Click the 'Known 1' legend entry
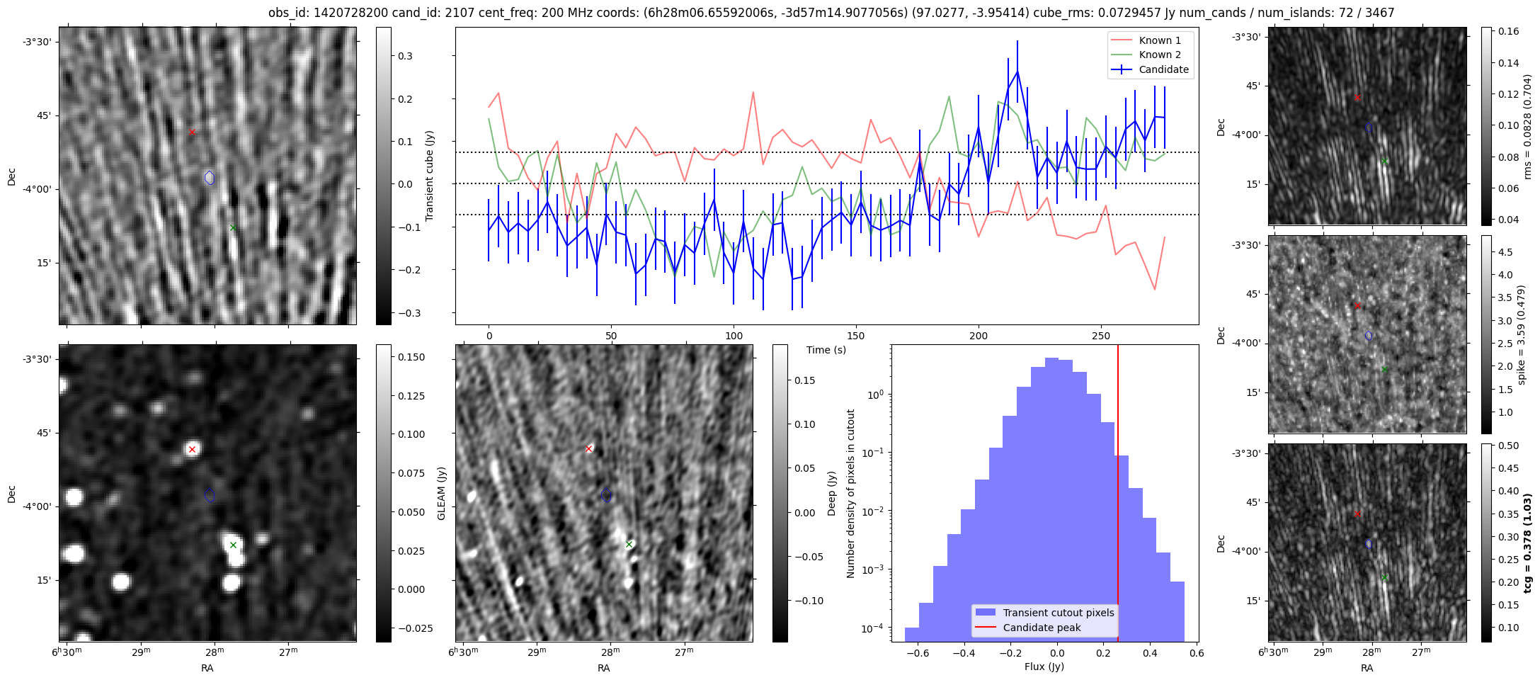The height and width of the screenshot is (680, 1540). pos(1159,40)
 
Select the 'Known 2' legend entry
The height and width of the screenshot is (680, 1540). pos(1159,55)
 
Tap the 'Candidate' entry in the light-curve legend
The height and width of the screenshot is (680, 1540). pos(1163,69)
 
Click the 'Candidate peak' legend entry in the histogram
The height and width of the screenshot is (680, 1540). pos(1042,628)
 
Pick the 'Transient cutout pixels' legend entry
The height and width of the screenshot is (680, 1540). pos(1058,613)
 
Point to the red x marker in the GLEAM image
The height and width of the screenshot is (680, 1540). pos(192,449)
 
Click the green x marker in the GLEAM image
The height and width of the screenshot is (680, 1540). pos(233,545)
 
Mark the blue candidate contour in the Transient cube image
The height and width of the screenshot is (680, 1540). pos(210,178)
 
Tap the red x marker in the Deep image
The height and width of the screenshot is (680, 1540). pos(588,448)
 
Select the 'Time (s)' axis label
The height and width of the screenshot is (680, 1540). pos(826,350)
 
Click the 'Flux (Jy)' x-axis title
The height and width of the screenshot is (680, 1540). pos(1044,667)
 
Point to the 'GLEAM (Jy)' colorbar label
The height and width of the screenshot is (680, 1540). pos(441,494)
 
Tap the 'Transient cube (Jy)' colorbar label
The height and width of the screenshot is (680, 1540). pos(429,176)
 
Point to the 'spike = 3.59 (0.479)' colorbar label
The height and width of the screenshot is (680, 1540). pos(1522,335)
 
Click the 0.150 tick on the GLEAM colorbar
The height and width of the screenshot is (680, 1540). pos(409,357)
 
